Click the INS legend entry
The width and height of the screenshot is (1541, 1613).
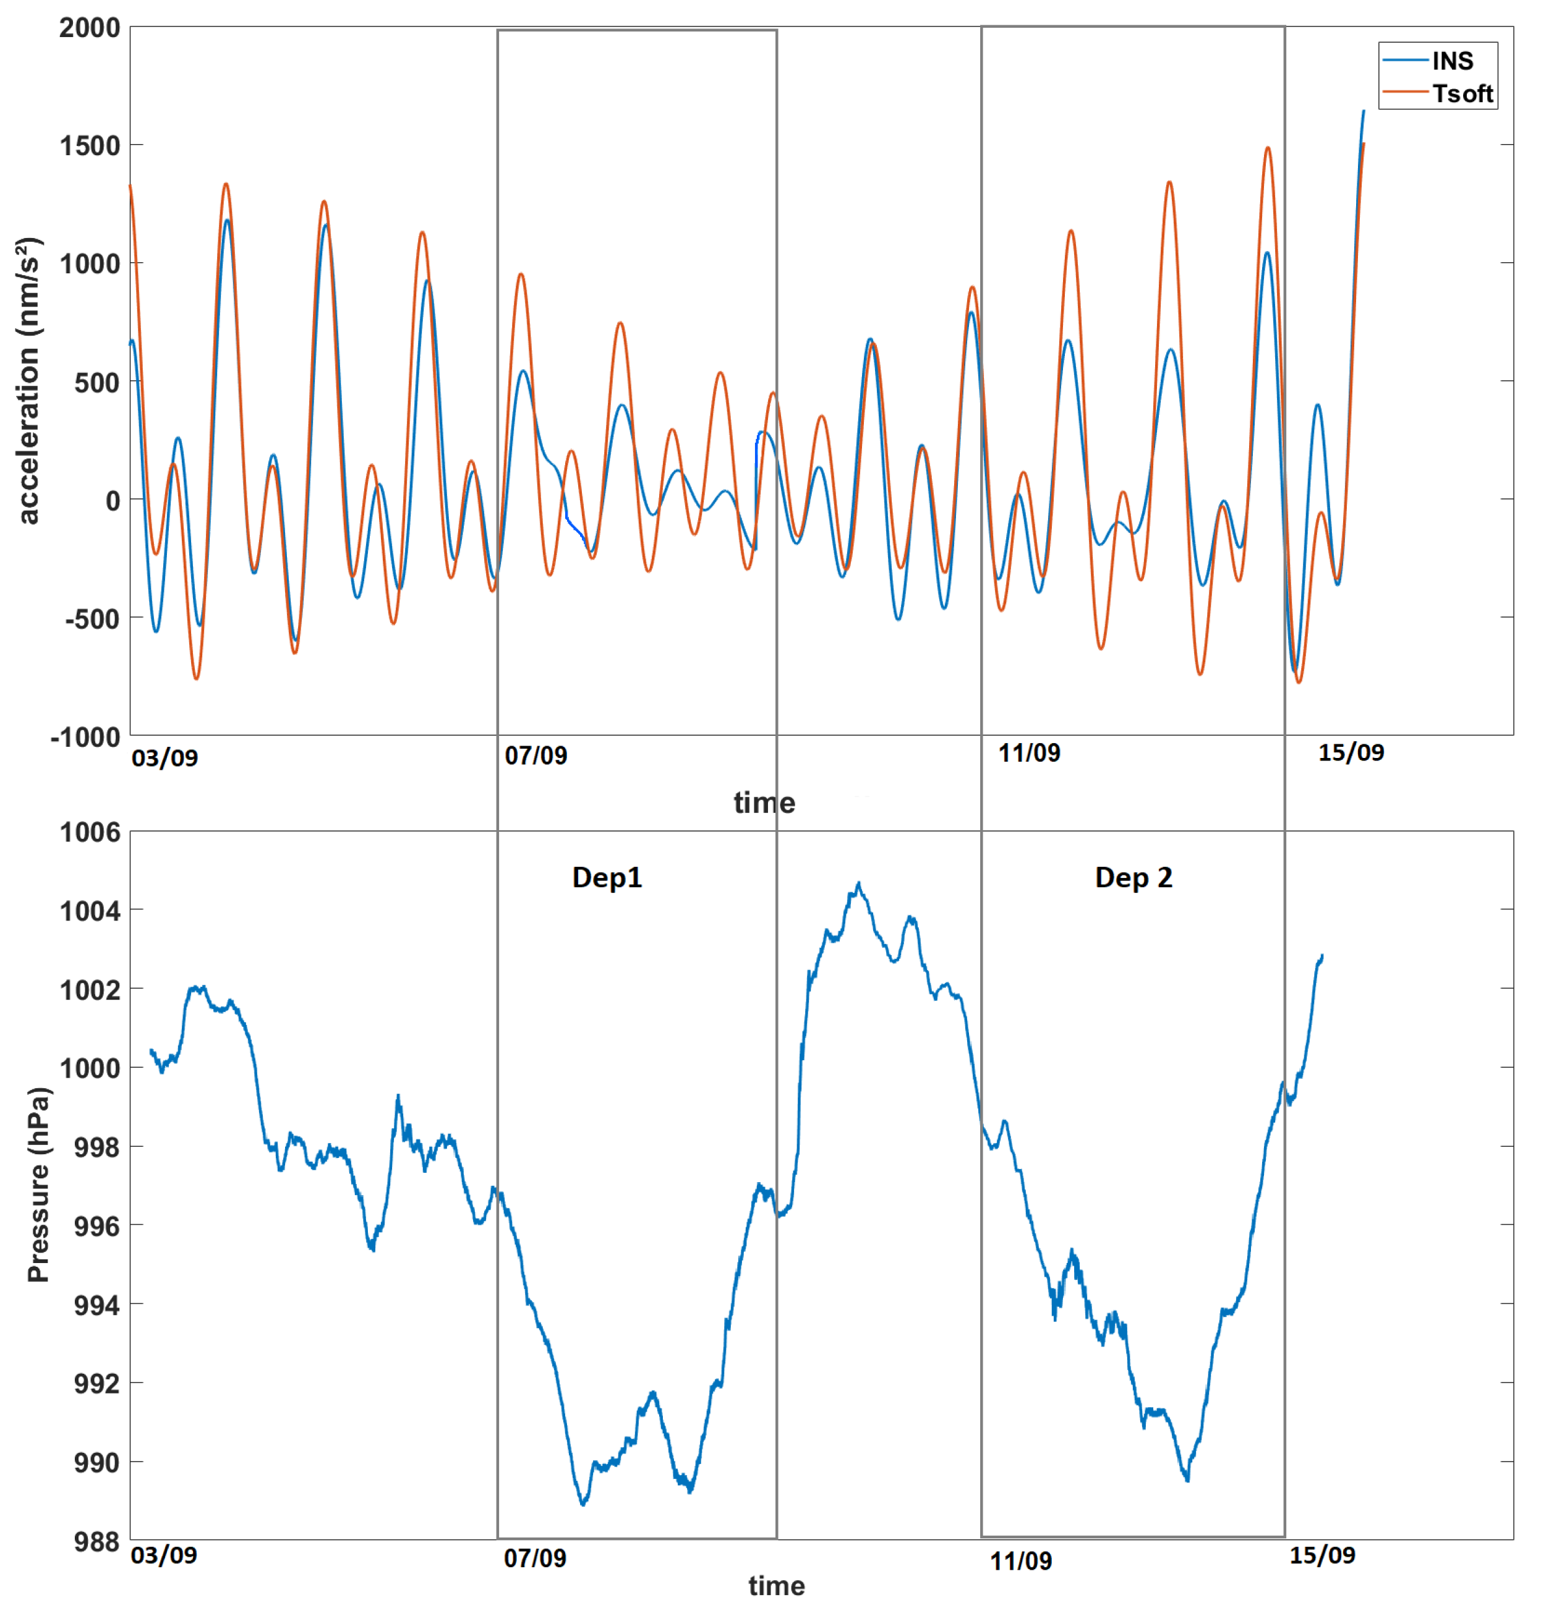pyautogui.click(x=1451, y=61)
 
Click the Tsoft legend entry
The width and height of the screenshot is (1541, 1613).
pyautogui.click(x=1461, y=93)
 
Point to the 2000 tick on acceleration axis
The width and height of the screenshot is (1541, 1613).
pyautogui.click(x=90, y=28)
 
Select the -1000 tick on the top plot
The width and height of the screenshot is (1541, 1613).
pyautogui.click(x=85, y=737)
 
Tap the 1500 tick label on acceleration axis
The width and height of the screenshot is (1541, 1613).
pyautogui.click(x=90, y=146)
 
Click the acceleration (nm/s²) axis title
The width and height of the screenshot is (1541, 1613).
pyautogui.click(x=28, y=381)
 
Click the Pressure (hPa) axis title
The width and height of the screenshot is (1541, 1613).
pyautogui.click(x=38, y=1185)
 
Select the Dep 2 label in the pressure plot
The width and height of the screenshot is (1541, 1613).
pyautogui.click(x=1133, y=877)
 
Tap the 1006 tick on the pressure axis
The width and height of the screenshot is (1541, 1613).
pyautogui.click(x=90, y=832)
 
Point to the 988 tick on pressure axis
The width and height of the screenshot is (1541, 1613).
pyautogui.click(x=96, y=1541)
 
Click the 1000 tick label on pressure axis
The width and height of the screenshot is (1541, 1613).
pyautogui.click(x=90, y=1068)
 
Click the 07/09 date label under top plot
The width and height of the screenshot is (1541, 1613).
pyautogui.click(x=536, y=755)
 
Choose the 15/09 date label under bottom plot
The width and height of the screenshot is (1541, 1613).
pyautogui.click(x=1321, y=1555)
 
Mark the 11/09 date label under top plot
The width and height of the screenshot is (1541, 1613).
pyautogui.click(x=1028, y=752)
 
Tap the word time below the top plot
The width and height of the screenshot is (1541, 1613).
pyautogui.click(x=764, y=802)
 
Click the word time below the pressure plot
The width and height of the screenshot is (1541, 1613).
pyautogui.click(x=775, y=1586)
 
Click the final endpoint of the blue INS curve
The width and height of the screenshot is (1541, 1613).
pyautogui.click(x=1364, y=111)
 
